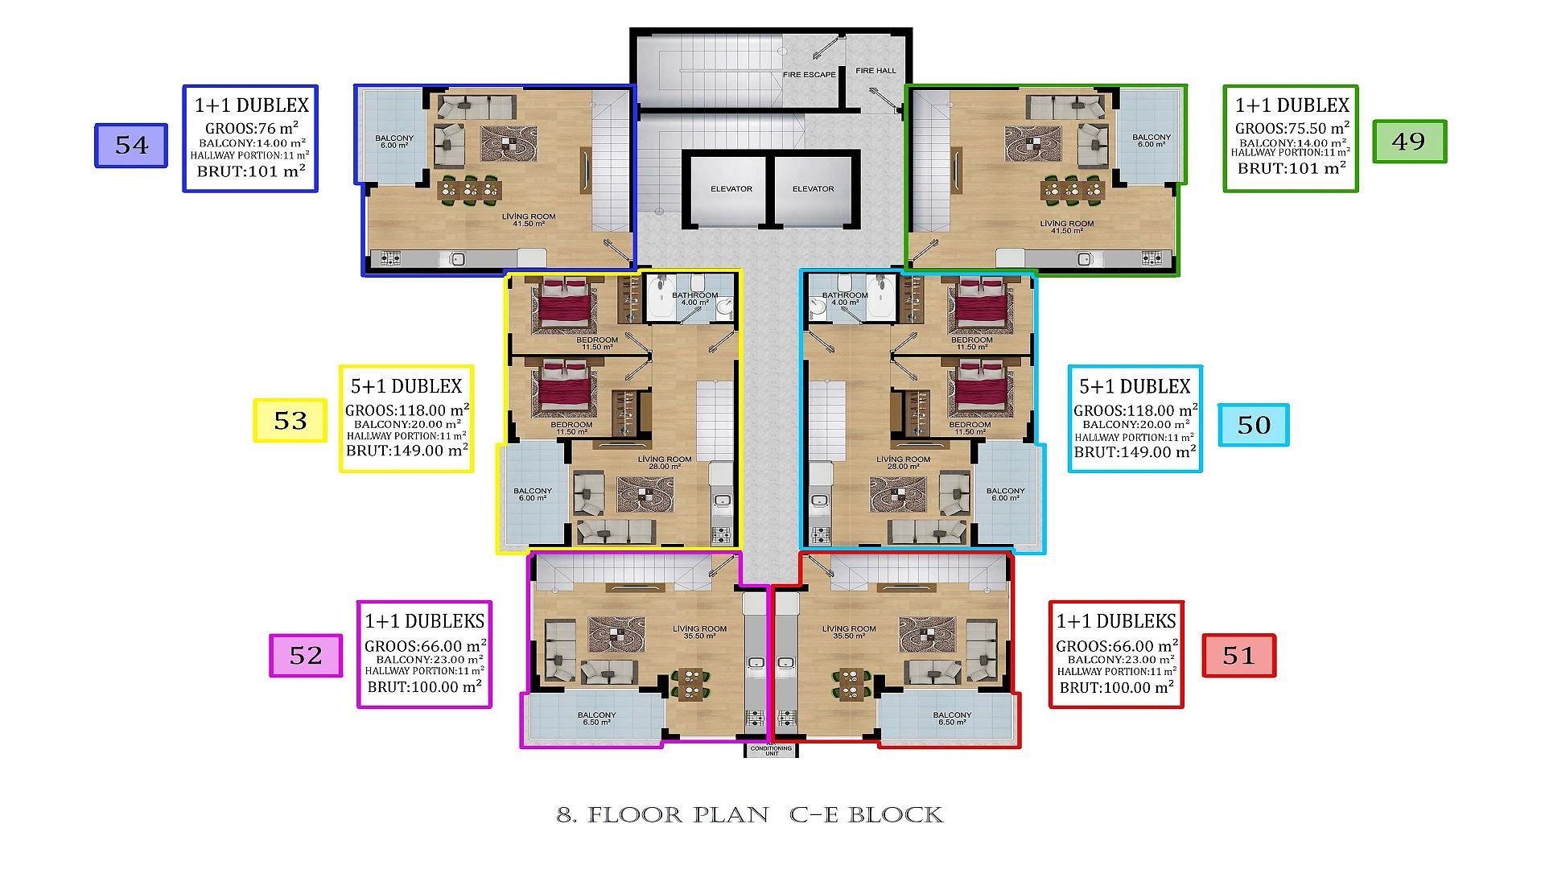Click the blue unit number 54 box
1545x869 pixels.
coord(131,146)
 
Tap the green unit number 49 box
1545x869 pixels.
coord(1409,142)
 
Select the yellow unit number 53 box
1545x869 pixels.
coord(290,421)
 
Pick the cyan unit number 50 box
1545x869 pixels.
coord(1253,425)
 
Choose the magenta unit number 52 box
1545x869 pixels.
coord(306,656)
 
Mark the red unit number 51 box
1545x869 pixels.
coord(1238,656)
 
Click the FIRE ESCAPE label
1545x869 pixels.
coord(809,75)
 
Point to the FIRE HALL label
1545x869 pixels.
coord(875,71)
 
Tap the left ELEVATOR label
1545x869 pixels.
coord(731,189)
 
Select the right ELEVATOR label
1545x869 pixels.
coord(813,189)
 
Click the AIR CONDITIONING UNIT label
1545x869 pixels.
coord(771,750)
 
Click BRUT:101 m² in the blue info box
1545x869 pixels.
coord(251,171)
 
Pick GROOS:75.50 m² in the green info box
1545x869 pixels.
coord(1292,129)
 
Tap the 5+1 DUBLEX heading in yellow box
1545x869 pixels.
coord(406,386)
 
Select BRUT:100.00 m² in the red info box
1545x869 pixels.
coord(1116,688)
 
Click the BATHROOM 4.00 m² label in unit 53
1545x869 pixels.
coord(694,299)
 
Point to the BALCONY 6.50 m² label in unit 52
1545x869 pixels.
coord(596,718)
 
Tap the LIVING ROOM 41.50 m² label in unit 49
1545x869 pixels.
coord(1066,227)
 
